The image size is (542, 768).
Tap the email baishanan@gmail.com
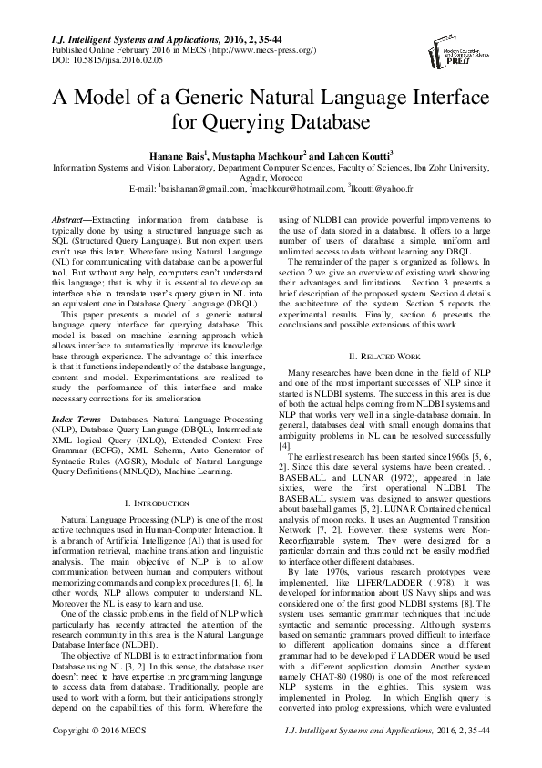point(202,189)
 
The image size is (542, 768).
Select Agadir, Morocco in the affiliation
point(271,178)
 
